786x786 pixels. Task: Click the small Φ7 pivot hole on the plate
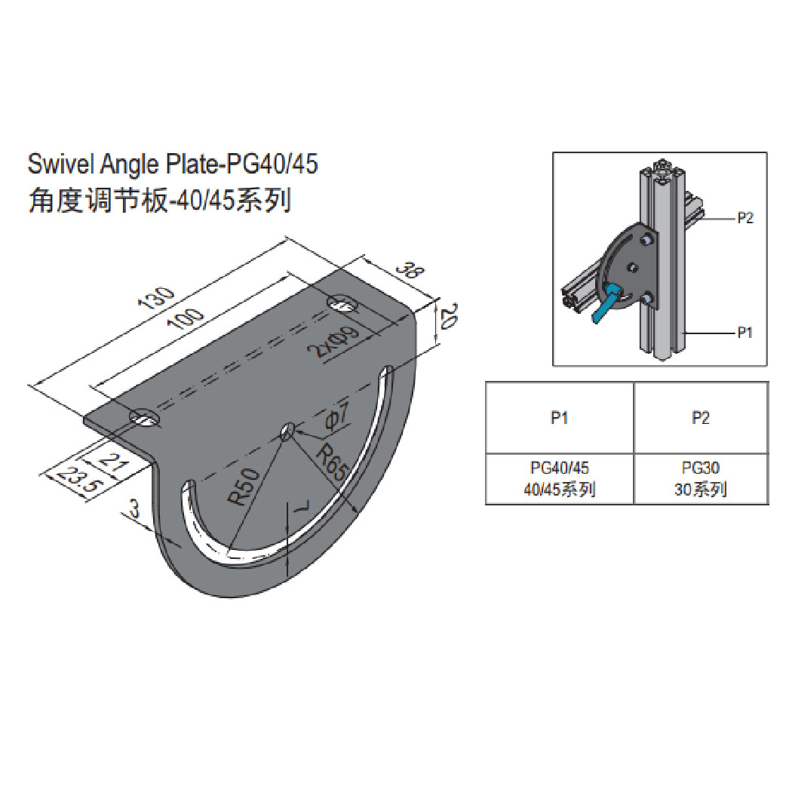click(x=287, y=431)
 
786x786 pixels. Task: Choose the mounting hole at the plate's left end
click(x=143, y=417)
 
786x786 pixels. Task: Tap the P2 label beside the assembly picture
click(x=745, y=218)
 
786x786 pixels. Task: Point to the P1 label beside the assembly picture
click(x=745, y=331)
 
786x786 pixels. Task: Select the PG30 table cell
click(x=701, y=479)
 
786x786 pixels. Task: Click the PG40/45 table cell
click(x=559, y=479)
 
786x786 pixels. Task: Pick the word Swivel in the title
click(x=58, y=164)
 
